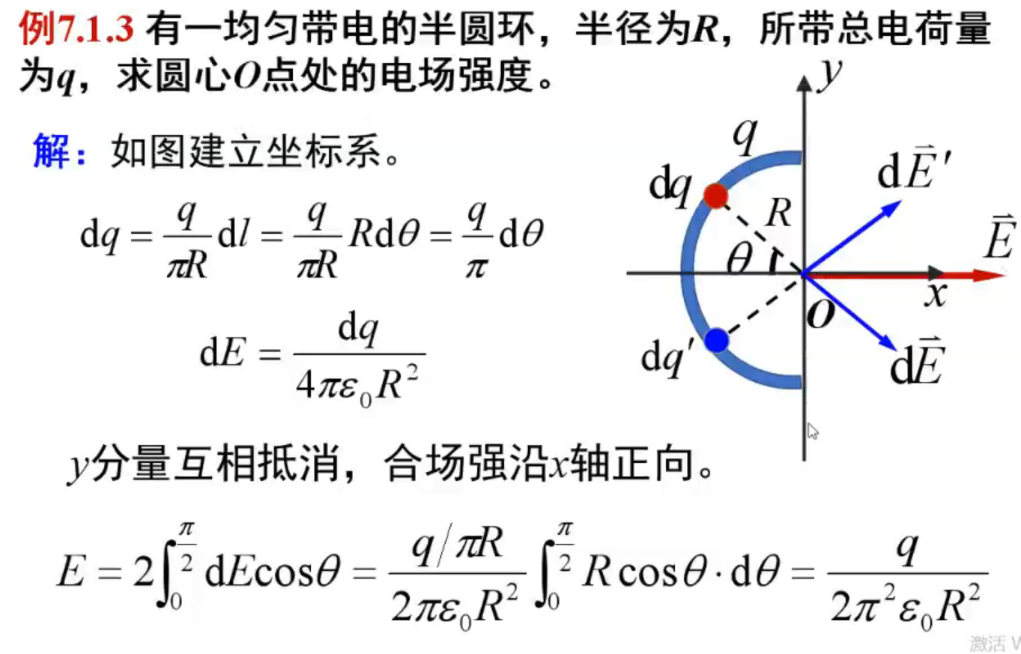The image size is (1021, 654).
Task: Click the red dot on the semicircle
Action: coord(716,196)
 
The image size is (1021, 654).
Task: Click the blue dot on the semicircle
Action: coord(717,341)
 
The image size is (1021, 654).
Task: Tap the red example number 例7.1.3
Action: coord(75,30)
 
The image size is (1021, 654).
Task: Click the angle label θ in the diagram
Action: coord(740,258)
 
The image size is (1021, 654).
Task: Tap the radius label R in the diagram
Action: coord(779,215)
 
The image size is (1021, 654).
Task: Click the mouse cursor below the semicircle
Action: coord(813,432)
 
